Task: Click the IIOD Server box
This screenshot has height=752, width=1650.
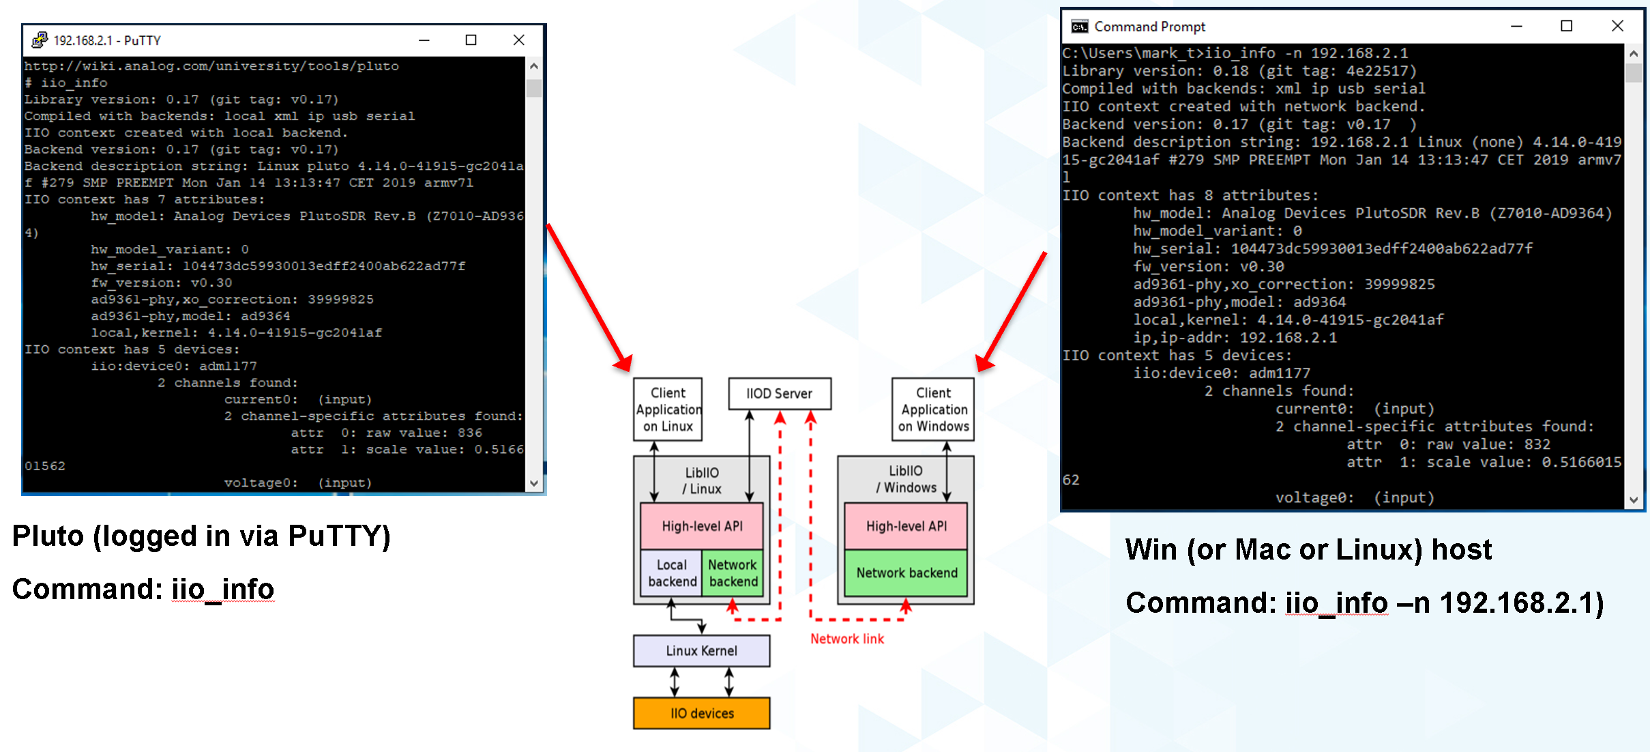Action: (779, 394)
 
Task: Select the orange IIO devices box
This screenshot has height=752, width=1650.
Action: (701, 713)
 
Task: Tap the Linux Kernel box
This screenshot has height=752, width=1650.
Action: (701, 651)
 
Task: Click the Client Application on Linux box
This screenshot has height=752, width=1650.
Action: (668, 409)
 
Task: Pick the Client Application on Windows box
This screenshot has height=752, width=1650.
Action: (933, 409)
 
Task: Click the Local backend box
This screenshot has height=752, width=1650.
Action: (672, 573)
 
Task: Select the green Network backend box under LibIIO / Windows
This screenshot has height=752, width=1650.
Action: (906, 573)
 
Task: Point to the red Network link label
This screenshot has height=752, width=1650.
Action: (846, 639)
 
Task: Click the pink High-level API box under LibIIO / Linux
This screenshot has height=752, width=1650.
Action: (701, 526)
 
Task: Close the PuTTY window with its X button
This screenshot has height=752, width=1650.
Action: (518, 40)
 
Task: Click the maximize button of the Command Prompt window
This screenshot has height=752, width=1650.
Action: (1566, 26)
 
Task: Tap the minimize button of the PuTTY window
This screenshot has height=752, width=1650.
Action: (424, 40)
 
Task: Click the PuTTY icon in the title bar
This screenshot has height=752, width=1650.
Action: (39, 40)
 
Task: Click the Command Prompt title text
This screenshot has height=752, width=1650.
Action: (1149, 27)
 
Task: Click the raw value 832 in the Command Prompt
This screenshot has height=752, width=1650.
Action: (1537, 444)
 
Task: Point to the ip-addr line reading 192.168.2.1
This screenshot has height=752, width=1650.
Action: (1235, 338)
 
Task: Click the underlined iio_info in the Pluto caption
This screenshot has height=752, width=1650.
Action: (222, 590)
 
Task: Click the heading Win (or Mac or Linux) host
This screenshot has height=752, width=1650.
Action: (1308, 549)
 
